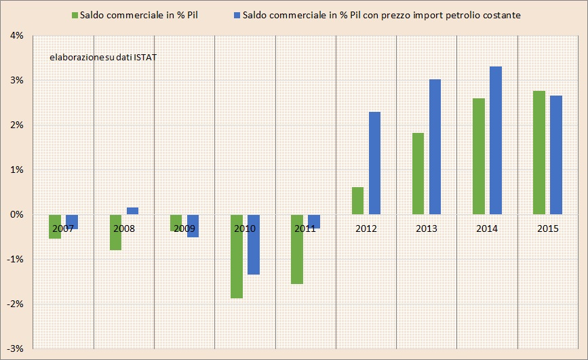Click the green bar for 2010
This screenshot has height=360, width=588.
[x=236, y=256]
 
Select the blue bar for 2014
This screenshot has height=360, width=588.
[x=496, y=140]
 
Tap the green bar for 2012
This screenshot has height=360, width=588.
[x=357, y=201]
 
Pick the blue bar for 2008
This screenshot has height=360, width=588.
[x=132, y=211]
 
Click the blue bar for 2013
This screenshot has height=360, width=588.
[x=435, y=146]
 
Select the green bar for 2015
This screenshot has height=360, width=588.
[x=539, y=153]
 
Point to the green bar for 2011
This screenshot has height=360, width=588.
[x=297, y=249]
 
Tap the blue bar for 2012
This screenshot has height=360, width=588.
[x=374, y=163]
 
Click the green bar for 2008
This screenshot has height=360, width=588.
[x=115, y=232]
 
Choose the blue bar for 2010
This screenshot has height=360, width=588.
[x=253, y=244]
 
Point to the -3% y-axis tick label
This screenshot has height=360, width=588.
[x=16, y=348]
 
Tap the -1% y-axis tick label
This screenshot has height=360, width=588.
[x=16, y=259]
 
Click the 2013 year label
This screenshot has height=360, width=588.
[x=427, y=228]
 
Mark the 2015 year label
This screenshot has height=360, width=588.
[x=547, y=228]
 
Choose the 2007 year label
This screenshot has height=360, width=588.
[x=62, y=228]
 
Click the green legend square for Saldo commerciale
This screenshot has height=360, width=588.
[x=74, y=15]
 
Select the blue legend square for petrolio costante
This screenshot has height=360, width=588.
[x=236, y=15]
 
